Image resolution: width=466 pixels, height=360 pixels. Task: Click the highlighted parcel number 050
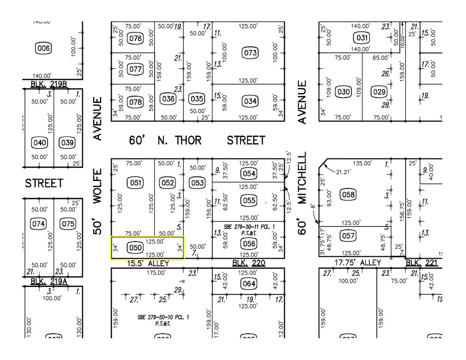pyautogui.click(x=135, y=247)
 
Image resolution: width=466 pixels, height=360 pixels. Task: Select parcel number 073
pyautogui.click(x=250, y=53)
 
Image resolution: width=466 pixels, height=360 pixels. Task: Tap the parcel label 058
pyautogui.click(x=348, y=194)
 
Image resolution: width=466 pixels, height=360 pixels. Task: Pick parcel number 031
pyautogui.click(x=362, y=37)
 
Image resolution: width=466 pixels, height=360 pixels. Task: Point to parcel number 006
pyautogui.click(x=43, y=48)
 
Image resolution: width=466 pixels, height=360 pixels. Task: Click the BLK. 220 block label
pyautogui.click(x=248, y=263)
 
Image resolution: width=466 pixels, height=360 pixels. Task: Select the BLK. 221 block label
pyautogui.click(x=422, y=263)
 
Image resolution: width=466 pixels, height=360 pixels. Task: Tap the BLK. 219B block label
pyautogui.click(x=48, y=84)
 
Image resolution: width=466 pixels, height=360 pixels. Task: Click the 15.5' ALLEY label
pyautogui.click(x=148, y=264)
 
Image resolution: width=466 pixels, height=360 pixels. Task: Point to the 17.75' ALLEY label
pyautogui.click(x=357, y=263)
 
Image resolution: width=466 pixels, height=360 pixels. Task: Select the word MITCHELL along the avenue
pyautogui.click(x=302, y=178)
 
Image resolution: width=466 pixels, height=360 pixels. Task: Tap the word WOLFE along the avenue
pyautogui.click(x=98, y=186)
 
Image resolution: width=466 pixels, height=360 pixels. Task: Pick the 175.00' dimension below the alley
pyautogui.click(x=156, y=273)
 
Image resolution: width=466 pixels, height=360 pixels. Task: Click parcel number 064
pyautogui.click(x=249, y=283)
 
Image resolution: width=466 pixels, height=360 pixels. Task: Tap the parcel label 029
pyautogui.click(x=379, y=92)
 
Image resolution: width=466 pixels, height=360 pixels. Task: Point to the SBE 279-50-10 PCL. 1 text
pyautogui.click(x=163, y=317)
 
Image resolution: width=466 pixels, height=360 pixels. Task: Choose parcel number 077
pyautogui.click(x=135, y=69)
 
